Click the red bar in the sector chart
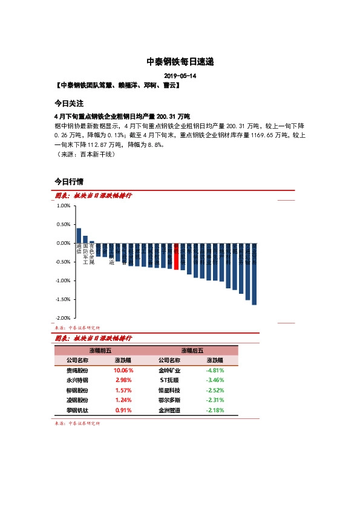pyautogui.click(x=176, y=256)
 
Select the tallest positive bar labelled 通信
pyautogui.click(x=79, y=235)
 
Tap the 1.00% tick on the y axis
pyautogui.click(x=63, y=206)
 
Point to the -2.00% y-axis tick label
pyautogui.click(x=62, y=318)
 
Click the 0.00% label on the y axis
pyautogui.click(x=63, y=243)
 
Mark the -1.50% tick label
pyautogui.click(x=62, y=299)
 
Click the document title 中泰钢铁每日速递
pyautogui.click(x=180, y=62)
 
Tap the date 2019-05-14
pyautogui.click(x=180, y=76)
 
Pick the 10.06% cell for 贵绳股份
pyautogui.click(x=123, y=370)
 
